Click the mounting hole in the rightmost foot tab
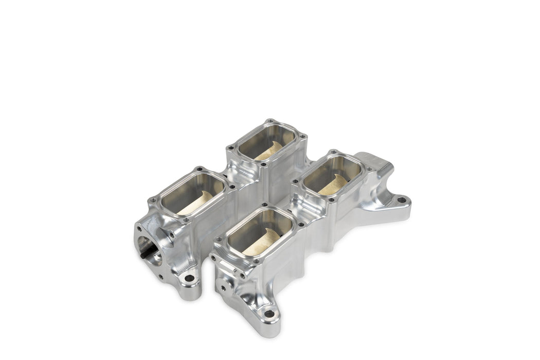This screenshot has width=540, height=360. point(401,200)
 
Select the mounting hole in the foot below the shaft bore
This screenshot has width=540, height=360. point(189,278)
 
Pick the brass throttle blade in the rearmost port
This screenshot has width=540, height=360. point(271,150)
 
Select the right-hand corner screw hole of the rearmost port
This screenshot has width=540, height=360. point(304,137)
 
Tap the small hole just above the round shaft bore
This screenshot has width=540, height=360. point(139,228)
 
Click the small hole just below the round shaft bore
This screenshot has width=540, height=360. point(160,276)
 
